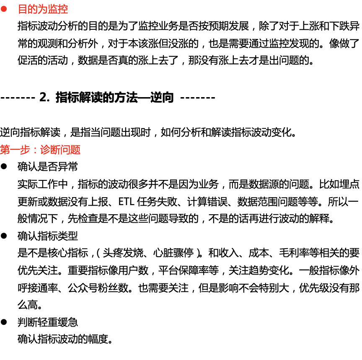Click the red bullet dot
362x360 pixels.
[x=4, y=9]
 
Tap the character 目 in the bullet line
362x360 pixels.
[x=23, y=9]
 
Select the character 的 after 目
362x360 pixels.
[x=33, y=9]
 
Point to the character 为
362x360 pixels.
[x=43, y=9]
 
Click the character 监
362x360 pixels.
[x=53, y=9]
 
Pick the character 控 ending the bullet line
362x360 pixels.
[x=63, y=9]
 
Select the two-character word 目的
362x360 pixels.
[x=28, y=9]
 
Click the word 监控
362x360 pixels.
[x=58, y=9]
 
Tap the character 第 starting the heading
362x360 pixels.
[x=5, y=150]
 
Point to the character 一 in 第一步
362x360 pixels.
[x=15, y=150]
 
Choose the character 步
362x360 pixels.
[x=25, y=150]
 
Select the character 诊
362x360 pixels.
[x=45, y=150]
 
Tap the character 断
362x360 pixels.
[x=55, y=150]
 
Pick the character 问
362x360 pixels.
[x=65, y=150]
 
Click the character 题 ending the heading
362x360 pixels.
[x=75, y=150]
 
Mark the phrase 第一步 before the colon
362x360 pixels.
[x=15, y=150]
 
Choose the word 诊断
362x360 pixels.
[x=50, y=150]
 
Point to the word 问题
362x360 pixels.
[x=70, y=150]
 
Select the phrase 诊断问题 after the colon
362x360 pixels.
[x=60, y=150]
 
